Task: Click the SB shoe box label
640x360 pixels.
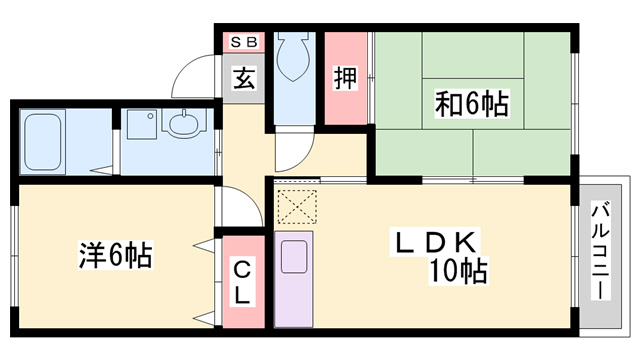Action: pos(243,42)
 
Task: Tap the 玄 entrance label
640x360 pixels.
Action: pos(243,79)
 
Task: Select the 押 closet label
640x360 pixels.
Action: pos(344,79)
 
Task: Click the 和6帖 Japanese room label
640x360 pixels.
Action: pos(471,102)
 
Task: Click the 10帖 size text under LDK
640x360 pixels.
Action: pos(459,270)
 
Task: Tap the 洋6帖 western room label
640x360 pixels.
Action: pos(115,255)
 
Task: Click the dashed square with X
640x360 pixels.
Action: pos(296,207)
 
